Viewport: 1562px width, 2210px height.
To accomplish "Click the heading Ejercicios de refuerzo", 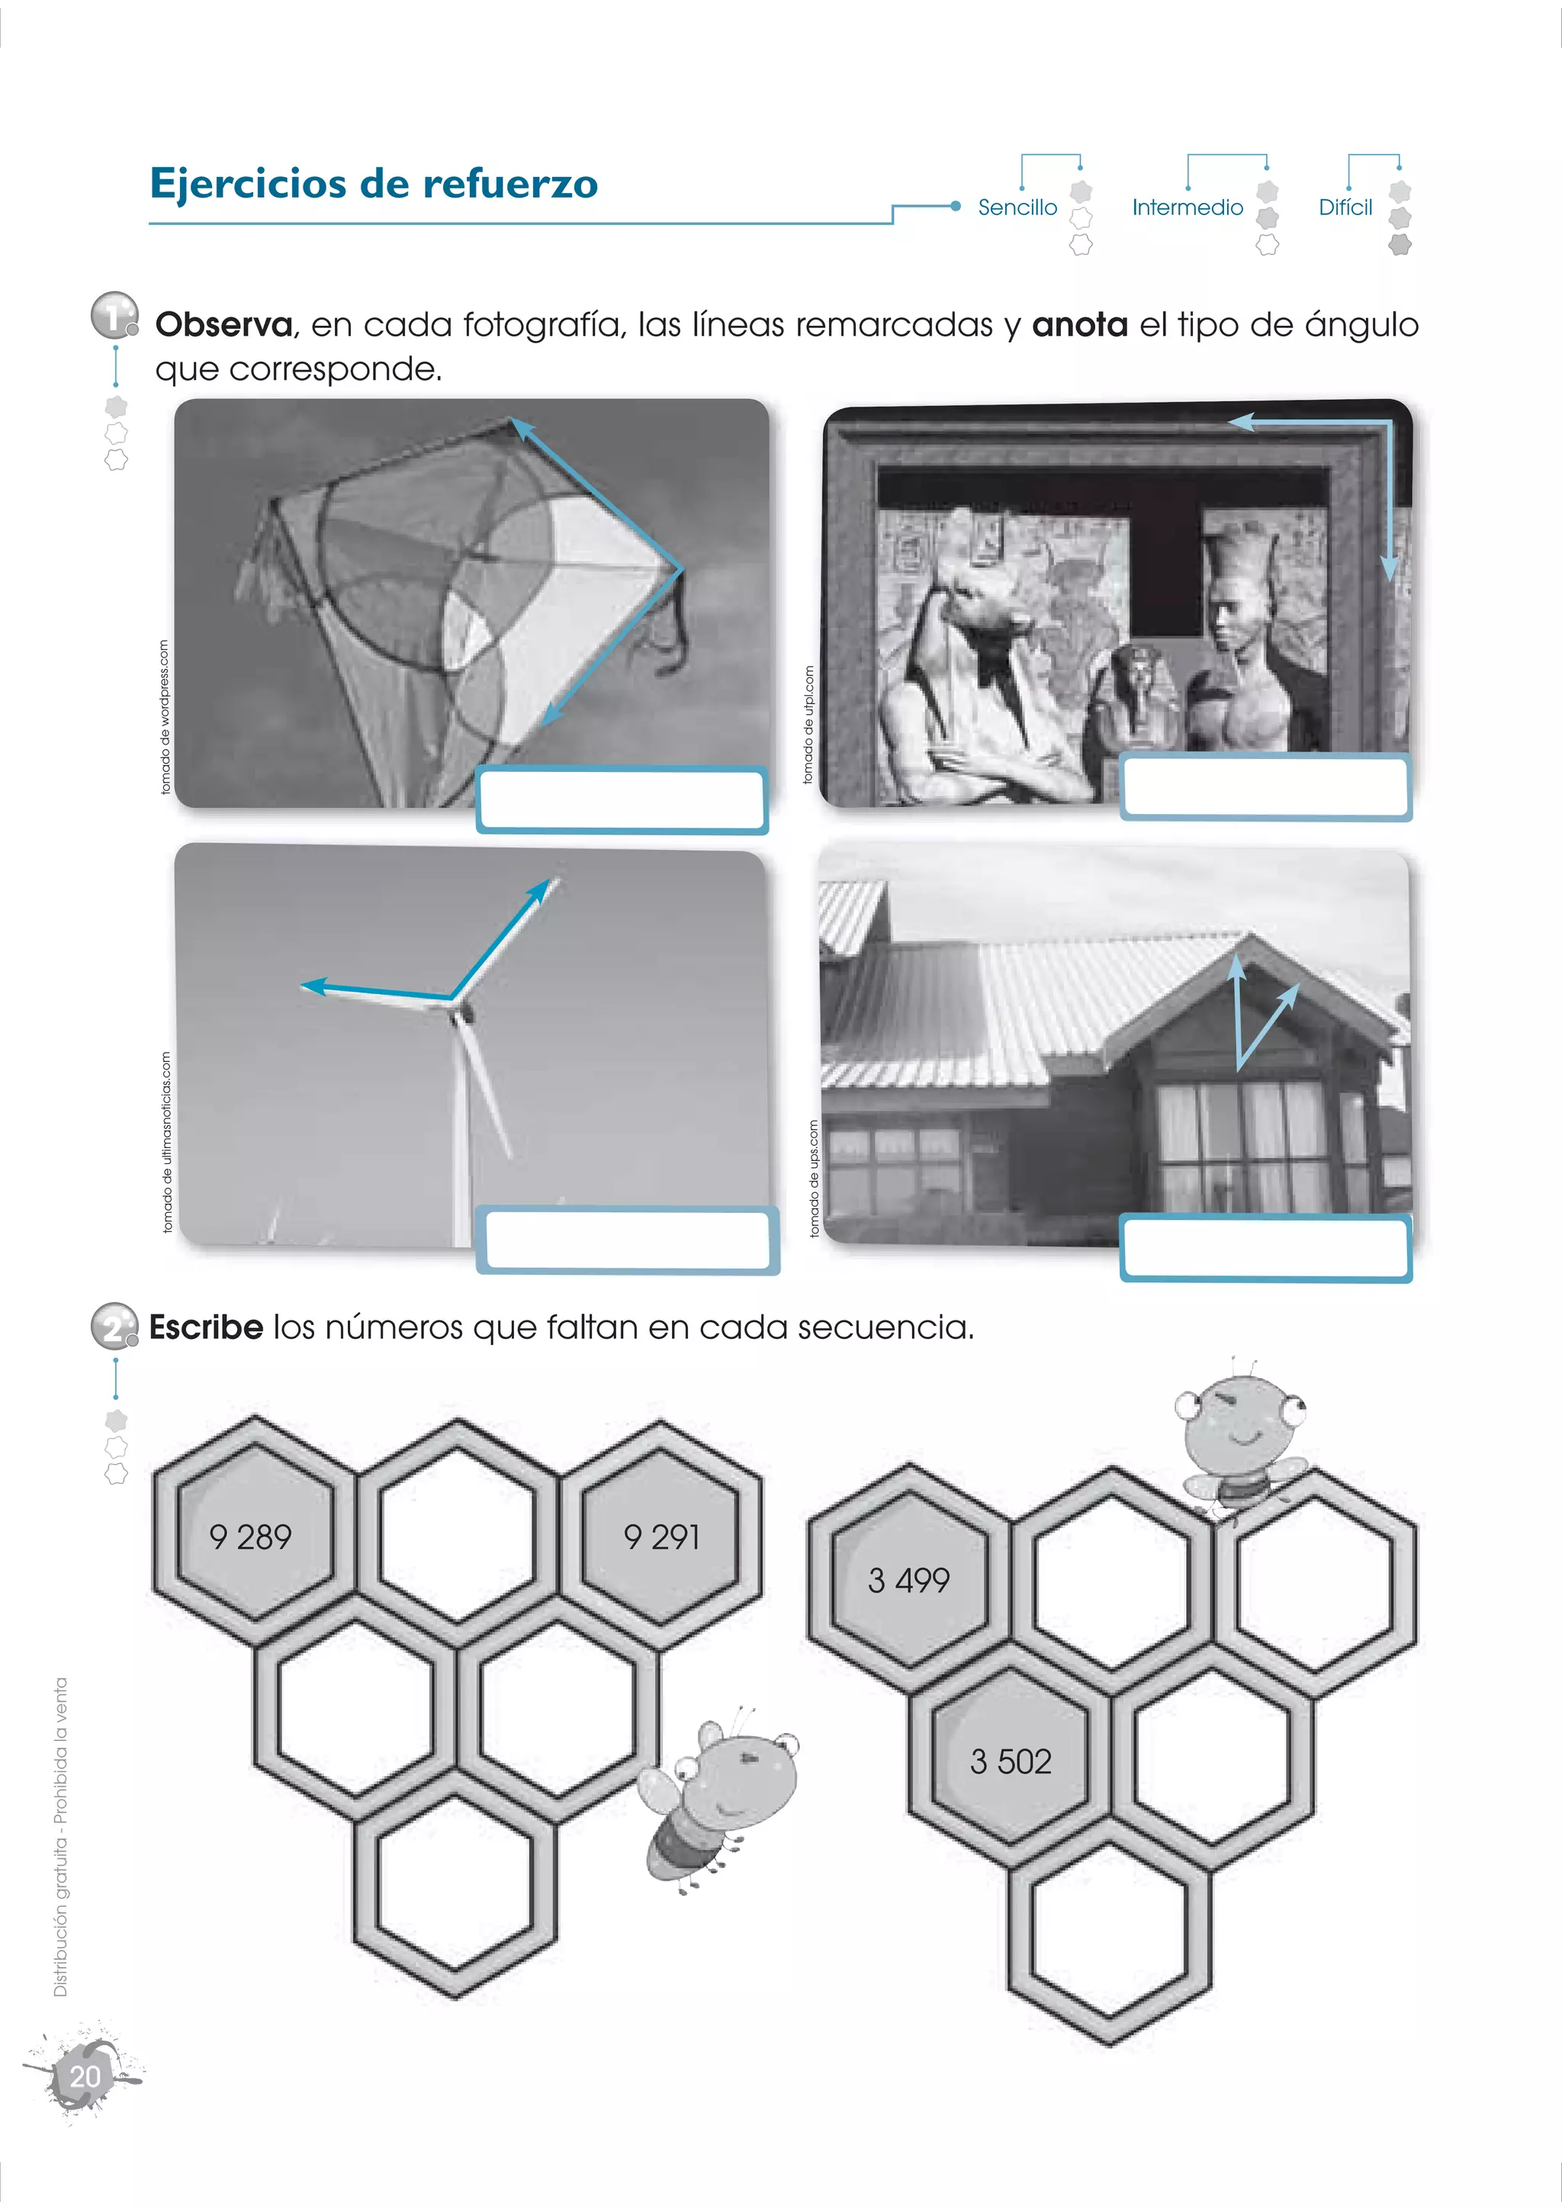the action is point(374,184).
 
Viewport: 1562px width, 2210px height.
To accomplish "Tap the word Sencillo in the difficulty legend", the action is point(1017,207).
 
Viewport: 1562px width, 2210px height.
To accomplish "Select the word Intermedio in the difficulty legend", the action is point(1188,207).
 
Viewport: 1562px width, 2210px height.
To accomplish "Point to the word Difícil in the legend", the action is point(1345,207).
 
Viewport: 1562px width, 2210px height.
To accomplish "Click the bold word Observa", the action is point(224,324).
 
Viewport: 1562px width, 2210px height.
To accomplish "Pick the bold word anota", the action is point(1080,324).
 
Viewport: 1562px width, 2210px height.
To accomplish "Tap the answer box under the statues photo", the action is point(1265,787).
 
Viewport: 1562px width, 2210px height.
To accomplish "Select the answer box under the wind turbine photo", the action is point(628,1240).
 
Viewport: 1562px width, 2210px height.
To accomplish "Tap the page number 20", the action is point(85,2076).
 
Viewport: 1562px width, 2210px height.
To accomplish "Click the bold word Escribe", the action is point(206,1327).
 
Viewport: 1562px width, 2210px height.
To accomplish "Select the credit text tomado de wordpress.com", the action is point(165,717).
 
